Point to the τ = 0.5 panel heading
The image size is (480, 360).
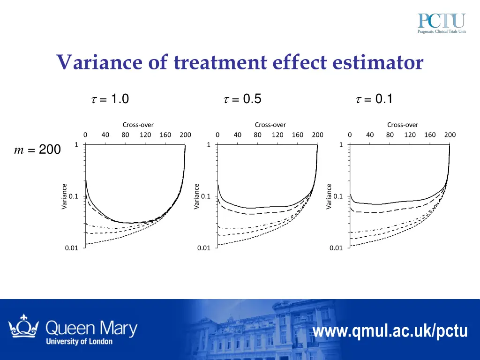(x=242, y=99)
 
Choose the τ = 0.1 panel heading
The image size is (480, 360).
(x=375, y=99)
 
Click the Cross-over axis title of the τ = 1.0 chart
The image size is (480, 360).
(x=138, y=125)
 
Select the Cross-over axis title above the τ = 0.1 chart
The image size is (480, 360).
(x=403, y=125)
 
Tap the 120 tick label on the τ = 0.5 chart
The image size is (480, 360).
(x=277, y=135)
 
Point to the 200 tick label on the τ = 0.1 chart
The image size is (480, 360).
(x=450, y=135)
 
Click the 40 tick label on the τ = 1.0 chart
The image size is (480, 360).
(x=105, y=135)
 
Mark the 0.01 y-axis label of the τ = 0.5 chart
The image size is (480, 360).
(x=203, y=248)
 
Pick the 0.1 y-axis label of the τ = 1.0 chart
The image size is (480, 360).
(x=73, y=196)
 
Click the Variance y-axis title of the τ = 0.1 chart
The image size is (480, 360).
(x=329, y=196)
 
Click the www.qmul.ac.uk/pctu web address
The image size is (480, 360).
(x=390, y=331)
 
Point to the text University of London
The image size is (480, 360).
(x=79, y=341)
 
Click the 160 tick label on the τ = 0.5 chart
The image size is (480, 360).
(x=298, y=135)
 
